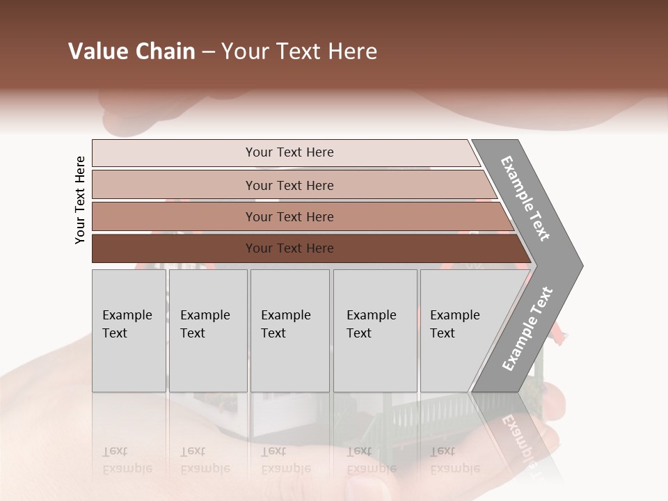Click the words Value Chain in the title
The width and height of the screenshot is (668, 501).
point(132,51)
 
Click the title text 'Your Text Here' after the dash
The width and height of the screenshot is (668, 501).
point(299,51)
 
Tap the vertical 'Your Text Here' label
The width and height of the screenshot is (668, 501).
point(80,200)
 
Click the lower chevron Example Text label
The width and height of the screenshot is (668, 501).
point(527,328)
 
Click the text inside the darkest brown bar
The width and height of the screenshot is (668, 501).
point(289,248)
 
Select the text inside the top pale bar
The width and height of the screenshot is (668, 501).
point(289,152)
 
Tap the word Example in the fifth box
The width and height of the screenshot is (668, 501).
point(454,315)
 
